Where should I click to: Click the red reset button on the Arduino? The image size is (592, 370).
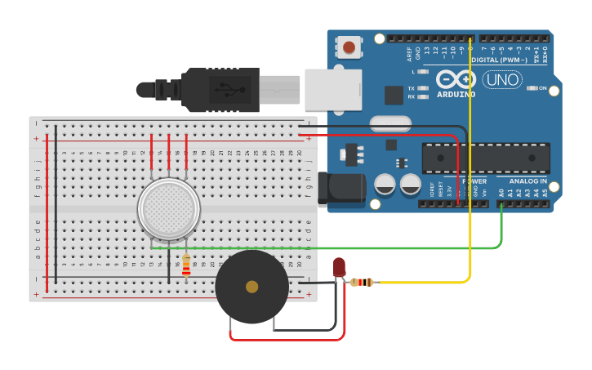click(349, 47)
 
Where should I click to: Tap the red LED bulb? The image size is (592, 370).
click(339, 266)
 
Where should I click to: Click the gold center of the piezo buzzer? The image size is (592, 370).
click(251, 287)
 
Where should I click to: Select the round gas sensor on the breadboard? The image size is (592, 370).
click(169, 210)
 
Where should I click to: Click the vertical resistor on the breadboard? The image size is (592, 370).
click(186, 265)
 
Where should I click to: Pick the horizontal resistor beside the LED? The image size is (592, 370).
click(361, 283)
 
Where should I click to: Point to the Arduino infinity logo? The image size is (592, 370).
click(456, 79)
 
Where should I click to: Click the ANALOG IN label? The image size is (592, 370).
click(528, 181)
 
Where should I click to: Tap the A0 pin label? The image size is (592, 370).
click(501, 193)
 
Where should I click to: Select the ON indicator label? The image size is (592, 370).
click(542, 88)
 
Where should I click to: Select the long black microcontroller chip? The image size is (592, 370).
click(486, 158)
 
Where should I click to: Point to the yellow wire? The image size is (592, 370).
click(471, 163)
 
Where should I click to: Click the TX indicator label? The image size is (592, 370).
click(412, 88)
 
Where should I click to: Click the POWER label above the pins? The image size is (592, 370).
click(475, 181)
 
